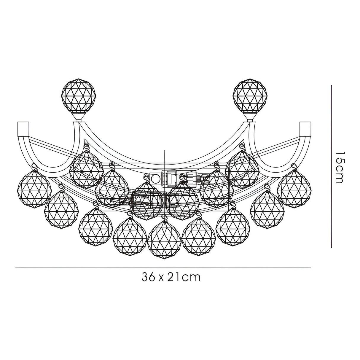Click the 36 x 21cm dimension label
[171, 277]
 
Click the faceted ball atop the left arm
[79, 96]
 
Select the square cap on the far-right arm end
[305, 128]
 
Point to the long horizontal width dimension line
[163, 268]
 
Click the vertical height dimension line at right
[331, 166]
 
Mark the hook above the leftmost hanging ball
[35, 167]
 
